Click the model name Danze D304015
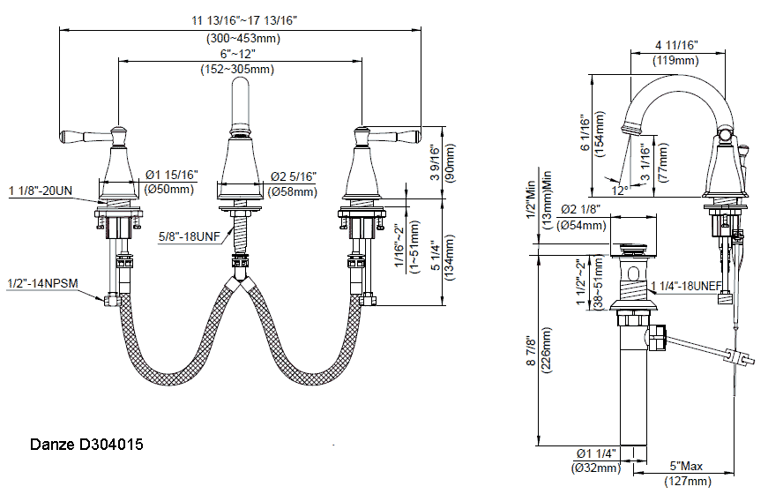click(x=86, y=444)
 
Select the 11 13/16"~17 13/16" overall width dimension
click(x=244, y=20)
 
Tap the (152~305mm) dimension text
click(x=237, y=70)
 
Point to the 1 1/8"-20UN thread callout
click(x=41, y=191)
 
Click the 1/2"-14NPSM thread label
click(x=42, y=284)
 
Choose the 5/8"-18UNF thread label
click(x=190, y=236)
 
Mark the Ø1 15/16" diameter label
click(x=172, y=175)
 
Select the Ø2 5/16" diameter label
click(x=294, y=176)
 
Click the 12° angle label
click(x=620, y=191)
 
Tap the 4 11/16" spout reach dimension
click(x=676, y=45)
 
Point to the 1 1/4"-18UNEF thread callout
click(x=687, y=286)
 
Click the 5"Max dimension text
click(x=686, y=466)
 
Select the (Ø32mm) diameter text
click(x=596, y=468)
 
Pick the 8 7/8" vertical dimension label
click(x=531, y=352)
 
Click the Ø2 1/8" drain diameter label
click(x=580, y=209)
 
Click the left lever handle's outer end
click(x=63, y=136)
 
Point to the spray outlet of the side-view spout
click(x=630, y=127)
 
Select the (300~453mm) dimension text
click(x=243, y=38)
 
